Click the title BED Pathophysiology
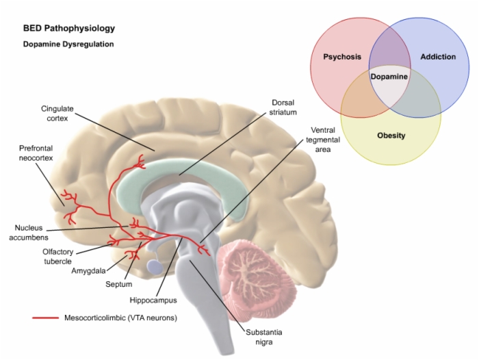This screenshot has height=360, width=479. coord(68,29)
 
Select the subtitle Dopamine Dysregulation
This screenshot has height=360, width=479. coord(68,44)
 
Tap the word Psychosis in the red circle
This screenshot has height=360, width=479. coord(342,57)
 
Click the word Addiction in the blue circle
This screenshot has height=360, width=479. coord(437,57)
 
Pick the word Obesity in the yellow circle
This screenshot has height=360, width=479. coord(391,136)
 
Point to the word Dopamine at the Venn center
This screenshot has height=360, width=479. coord(389,77)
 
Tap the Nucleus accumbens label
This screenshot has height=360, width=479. coord(32,233)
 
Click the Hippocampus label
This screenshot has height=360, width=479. coord(153,300)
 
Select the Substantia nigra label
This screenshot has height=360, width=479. coord(263,337)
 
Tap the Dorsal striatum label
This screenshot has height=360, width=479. coord(281,107)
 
